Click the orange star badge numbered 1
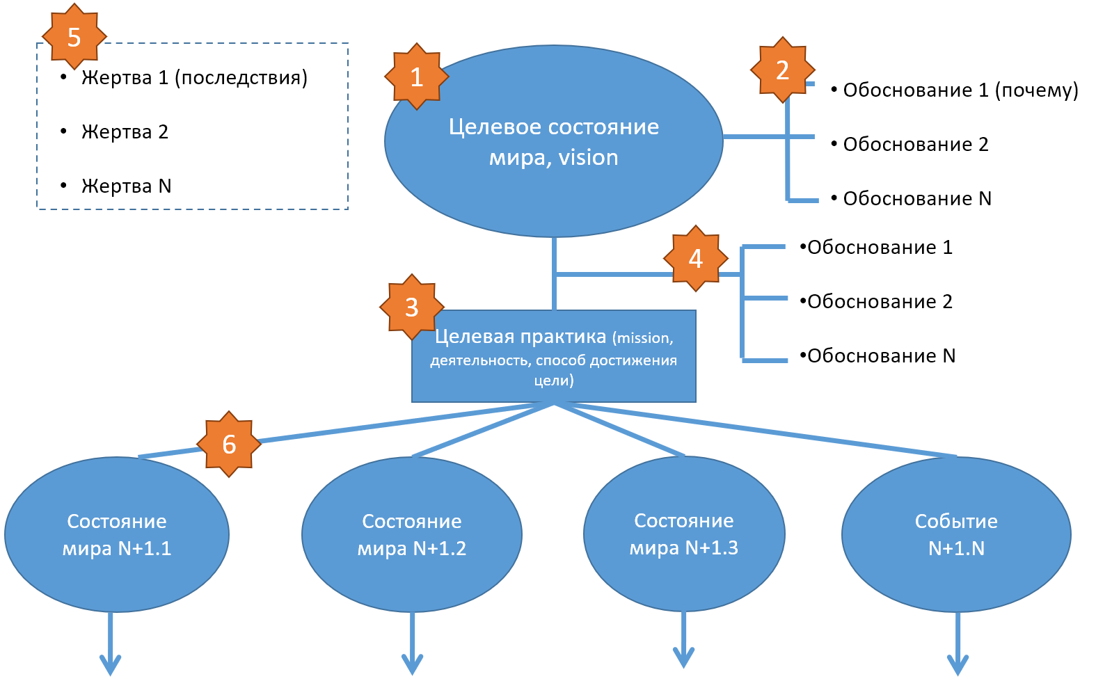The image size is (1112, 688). coord(417,77)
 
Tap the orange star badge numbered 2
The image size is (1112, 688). coord(782,70)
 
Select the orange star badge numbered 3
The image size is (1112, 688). coord(411,307)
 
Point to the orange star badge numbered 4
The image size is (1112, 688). coord(695,258)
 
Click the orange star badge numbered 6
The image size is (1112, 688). coord(228,444)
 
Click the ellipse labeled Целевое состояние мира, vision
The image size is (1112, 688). coord(553,141)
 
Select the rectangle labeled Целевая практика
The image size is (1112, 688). coord(553,356)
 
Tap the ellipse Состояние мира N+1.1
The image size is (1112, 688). coord(117,534)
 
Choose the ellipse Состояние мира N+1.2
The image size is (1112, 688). coord(411,534)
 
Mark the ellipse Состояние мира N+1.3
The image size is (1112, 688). coord(684,534)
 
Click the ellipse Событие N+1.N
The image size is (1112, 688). coord(956,534)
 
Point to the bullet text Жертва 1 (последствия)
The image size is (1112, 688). coord(194,78)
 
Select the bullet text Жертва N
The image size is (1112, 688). coord(126,186)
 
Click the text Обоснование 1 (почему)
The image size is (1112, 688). coord(960,90)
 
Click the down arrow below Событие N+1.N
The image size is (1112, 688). coord(958,643)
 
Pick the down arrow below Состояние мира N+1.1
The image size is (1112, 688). coord(110,643)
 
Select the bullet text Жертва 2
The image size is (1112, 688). coord(125,132)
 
